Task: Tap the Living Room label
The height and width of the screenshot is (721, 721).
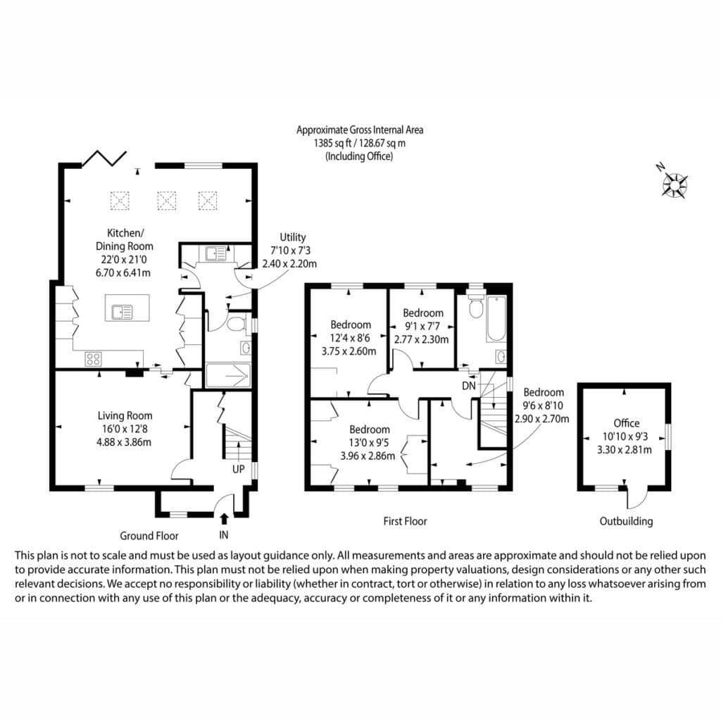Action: point(125,415)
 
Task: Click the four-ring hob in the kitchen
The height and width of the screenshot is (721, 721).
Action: point(94,358)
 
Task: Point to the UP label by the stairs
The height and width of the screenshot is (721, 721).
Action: point(238,469)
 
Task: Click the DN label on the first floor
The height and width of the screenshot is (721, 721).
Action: point(468,386)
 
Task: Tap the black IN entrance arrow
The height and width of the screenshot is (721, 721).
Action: point(224,519)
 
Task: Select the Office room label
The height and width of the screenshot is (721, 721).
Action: point(626,423)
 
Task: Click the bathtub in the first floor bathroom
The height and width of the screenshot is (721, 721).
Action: point(496,319)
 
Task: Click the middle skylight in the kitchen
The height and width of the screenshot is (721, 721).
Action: point(166,201)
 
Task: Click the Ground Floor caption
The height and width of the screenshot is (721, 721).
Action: point(149,536)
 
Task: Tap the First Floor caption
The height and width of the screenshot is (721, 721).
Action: point(405,521)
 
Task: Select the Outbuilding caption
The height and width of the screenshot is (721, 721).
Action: point(626,521)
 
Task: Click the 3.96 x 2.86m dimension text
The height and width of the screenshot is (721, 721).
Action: point(368,456)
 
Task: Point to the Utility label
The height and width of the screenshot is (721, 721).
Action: point(293,237)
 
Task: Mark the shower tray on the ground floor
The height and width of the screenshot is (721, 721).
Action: point(229,375)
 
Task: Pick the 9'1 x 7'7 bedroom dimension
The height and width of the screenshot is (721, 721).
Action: point(423,327)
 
